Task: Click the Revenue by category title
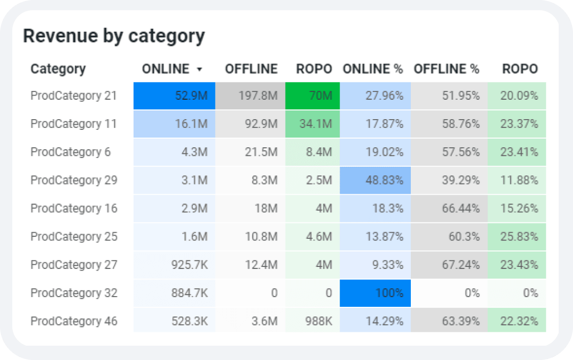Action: [x=114, y=36]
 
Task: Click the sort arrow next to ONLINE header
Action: [x=199, y=70]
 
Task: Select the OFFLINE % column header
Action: [x=446, y=69]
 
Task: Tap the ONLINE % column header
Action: [x=373, y=69]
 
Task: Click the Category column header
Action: [x=58, y=69]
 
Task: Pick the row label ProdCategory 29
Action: [x=74, y=180]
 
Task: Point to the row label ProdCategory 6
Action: [x=71, y=152]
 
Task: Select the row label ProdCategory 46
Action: [x=74, y=321]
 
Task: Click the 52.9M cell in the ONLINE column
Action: [x=174, y=96]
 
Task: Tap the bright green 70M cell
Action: [x=313, y=96]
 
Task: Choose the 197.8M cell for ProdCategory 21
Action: [x=250, y=96]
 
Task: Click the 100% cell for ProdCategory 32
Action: [x=376, y=293]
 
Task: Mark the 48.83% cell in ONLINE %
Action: [x=376, y=180]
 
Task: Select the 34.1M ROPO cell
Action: [x=313, y=124]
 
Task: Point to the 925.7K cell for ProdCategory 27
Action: [x=174, y=265]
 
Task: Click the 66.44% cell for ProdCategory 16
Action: [x=449, y=209]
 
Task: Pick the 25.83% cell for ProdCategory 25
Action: [x=517, y=237]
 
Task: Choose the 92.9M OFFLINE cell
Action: [x=250, y=124]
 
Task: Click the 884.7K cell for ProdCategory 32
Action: [x=174, y=293]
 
